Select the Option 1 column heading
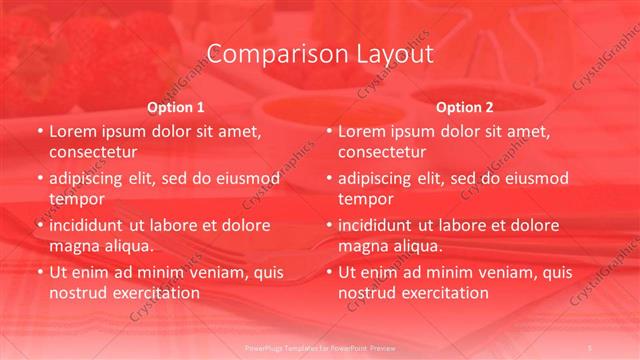pos(176,107)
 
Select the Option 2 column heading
pos(465,107)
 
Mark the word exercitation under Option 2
pos(444,293)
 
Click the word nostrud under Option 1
pos(79,293)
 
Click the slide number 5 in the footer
pos(591,346)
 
